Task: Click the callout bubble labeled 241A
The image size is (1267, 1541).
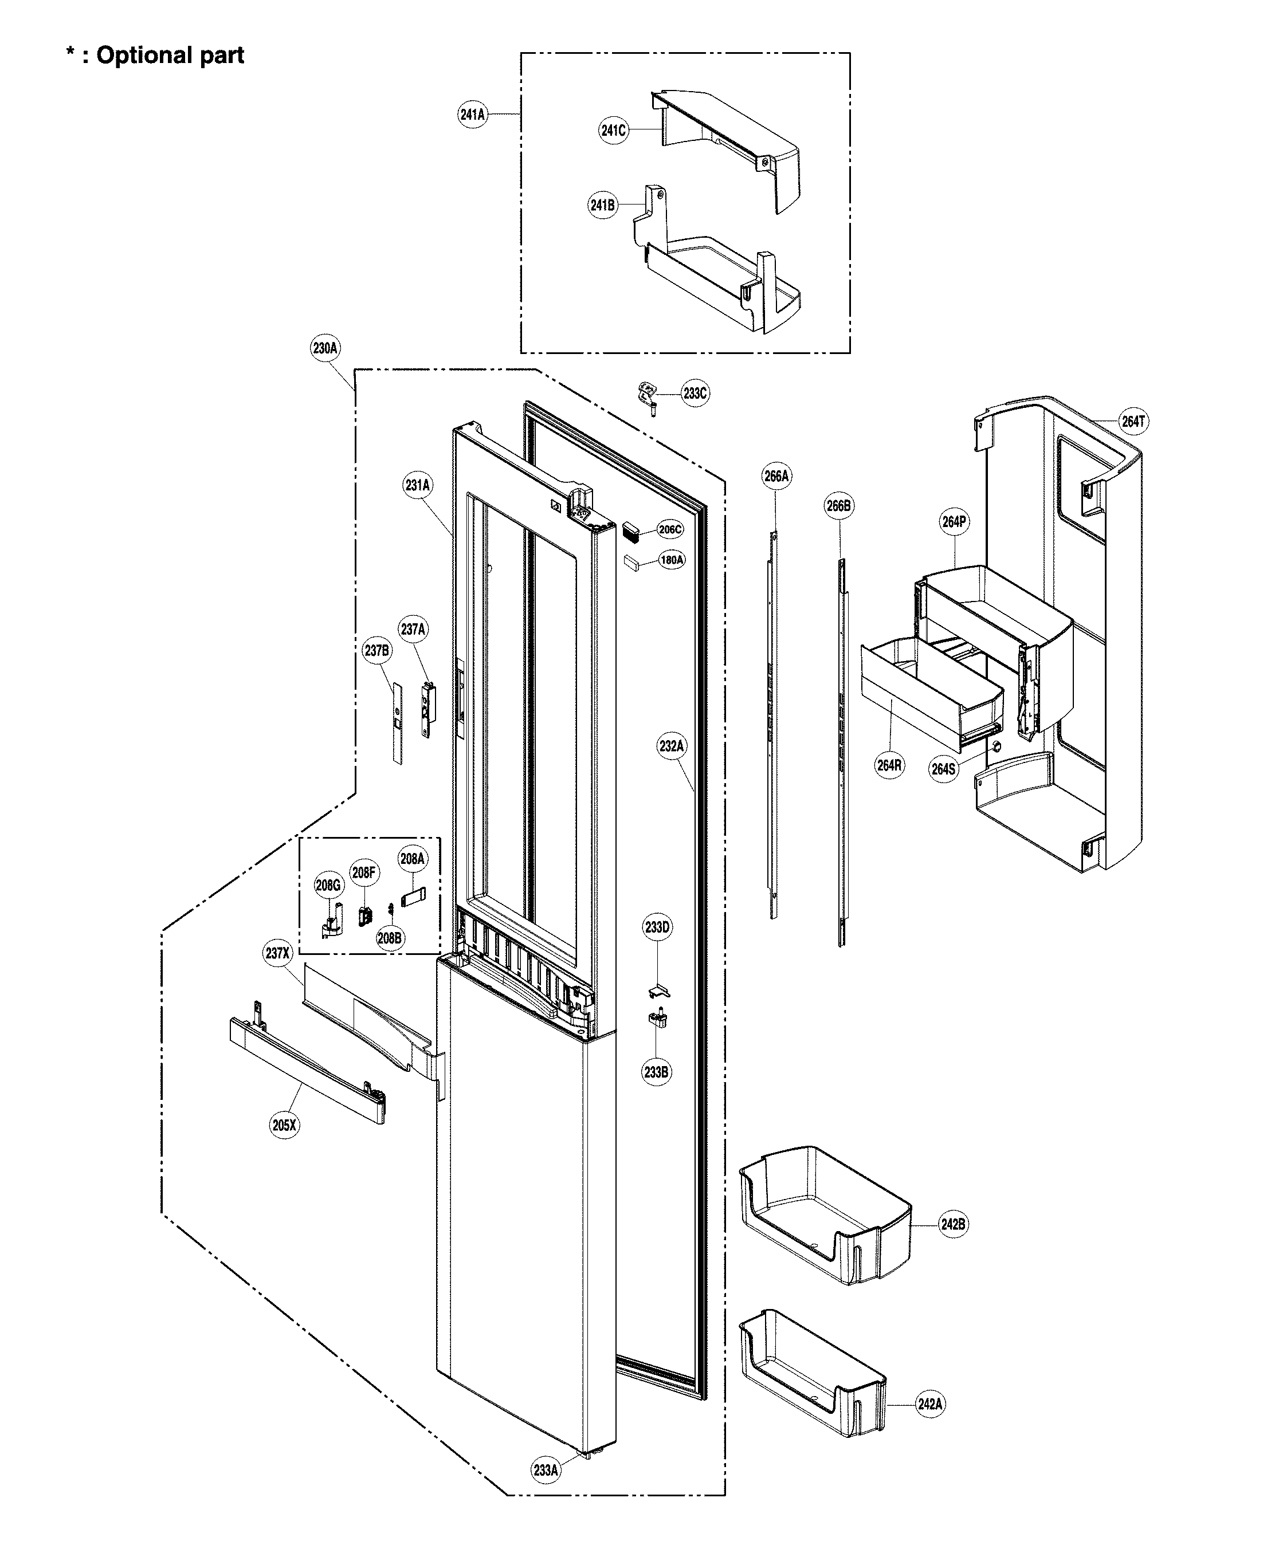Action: [472, 115]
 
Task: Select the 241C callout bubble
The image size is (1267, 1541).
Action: [613, 131]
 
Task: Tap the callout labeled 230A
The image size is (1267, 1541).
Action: [325, 349]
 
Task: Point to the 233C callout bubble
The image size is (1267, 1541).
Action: [695, 394]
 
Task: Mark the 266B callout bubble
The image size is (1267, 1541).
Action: [838, 506]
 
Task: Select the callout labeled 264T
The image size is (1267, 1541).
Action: [1133, 422]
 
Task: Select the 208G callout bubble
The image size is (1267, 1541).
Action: [328, 886]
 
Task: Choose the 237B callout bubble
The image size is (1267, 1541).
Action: [376, 650]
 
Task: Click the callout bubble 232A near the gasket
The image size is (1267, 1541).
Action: [672, 746]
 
